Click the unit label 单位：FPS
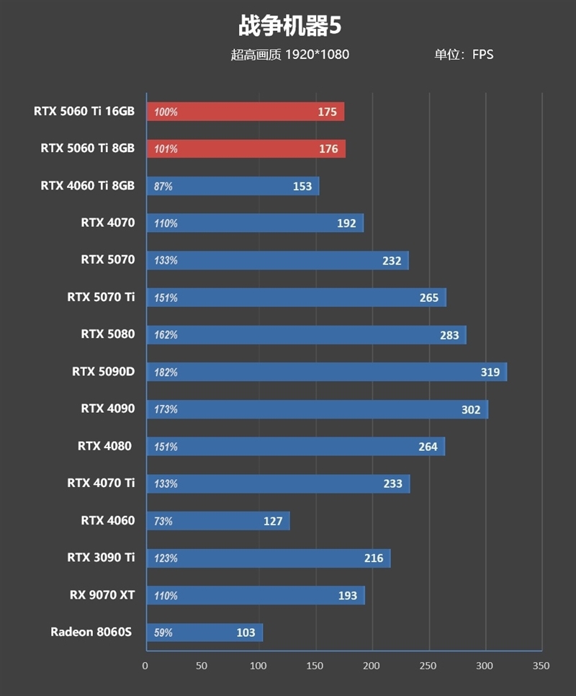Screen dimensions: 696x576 [x=464, y=54]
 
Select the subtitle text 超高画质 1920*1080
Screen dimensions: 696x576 [x=289, y=54]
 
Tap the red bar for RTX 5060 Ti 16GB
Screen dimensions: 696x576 [x=245, y=112]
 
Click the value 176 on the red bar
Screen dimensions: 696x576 [x=328, y=149]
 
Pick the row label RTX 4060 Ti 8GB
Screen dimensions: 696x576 [x=87, y=185]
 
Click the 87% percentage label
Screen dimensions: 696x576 [x=163, y=187]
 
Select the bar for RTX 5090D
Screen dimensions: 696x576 [x=325, y=372]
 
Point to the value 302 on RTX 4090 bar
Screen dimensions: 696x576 [x=471, y=409]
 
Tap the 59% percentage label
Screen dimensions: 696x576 [x=163, y=633]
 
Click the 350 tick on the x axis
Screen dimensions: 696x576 [x=541, y=666]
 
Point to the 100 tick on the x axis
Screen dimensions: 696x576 [x=258, y=666]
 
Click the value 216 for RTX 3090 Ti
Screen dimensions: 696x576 [x=374, y=558]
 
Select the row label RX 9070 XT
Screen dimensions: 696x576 [x=102, y=594]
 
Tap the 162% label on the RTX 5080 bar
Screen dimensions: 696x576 [x=166, y=335]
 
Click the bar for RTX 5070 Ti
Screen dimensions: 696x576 [x=295, y=298]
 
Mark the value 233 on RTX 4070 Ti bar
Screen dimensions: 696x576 [x=393, y=483]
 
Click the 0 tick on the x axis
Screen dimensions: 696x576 [x=145, y=666]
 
